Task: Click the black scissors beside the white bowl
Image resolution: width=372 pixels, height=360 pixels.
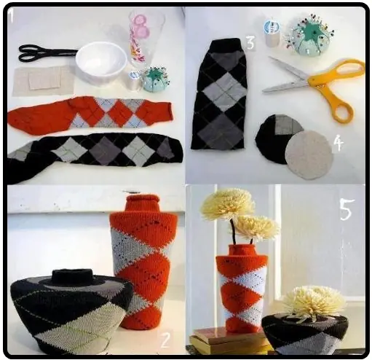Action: click(x=46, y=52)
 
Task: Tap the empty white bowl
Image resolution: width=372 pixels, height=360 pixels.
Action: click(x=101, y=62)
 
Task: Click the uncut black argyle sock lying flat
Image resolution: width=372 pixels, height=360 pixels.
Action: click(x=95, y=154)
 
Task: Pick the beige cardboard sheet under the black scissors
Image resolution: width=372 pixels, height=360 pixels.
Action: click(x=44, y=82)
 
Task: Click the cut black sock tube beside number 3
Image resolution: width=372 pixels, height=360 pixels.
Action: click(x=218, y=95)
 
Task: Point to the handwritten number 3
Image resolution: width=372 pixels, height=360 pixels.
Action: click(x=250, y=43)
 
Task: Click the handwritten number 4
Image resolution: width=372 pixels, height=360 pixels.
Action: click(x=339, y=144)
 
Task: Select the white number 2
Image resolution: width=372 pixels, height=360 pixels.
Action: click(x=165, y=340)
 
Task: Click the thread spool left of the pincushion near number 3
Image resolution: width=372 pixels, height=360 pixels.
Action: click(x=272, y=34)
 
